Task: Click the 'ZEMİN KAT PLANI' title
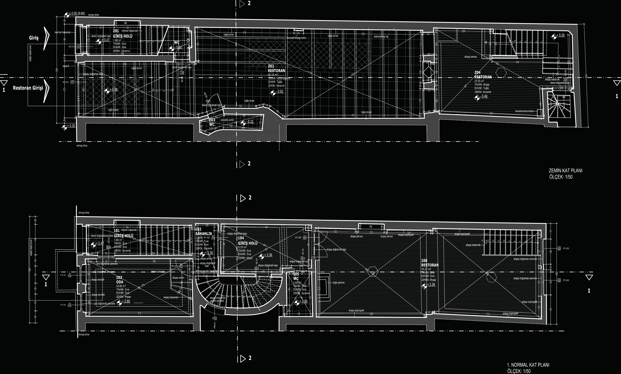point(565,171)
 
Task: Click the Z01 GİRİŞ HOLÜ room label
point(122,34)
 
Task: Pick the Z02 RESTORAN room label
point(276,68)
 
